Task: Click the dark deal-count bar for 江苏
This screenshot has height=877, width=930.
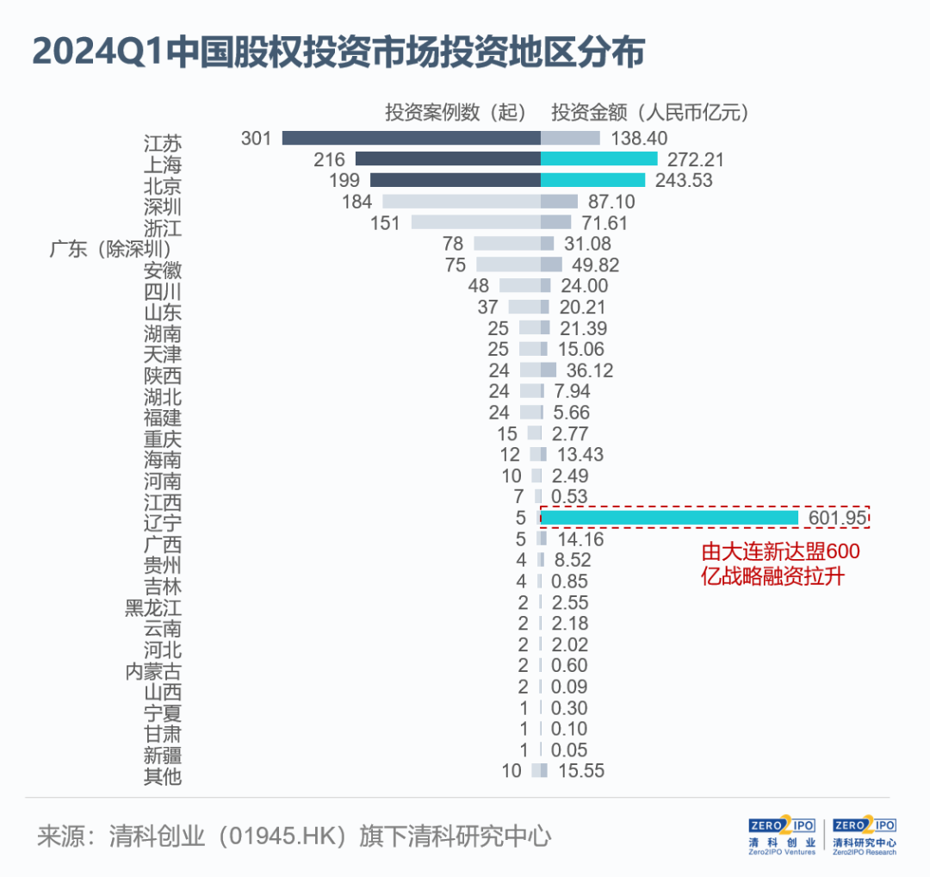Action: (x=411, y=138)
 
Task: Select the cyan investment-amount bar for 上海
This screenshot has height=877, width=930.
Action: (x=599, y=159)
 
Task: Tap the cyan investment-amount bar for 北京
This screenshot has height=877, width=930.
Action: (x=593, y=180)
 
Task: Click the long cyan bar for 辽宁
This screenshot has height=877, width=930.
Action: (x=670, y=518)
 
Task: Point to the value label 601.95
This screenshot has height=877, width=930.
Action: (x=838, y=518)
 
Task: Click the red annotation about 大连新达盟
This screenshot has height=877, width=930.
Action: (x=780, y=563)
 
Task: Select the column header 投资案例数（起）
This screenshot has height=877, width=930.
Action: (x=456, y=112)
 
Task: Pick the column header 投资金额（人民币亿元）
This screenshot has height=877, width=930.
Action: (x=650, y=112)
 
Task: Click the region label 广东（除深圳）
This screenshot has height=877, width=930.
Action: (x=110, y=249)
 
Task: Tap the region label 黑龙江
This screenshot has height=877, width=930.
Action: (x=153, y=608)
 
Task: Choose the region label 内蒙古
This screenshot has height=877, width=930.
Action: (x=153, y=672)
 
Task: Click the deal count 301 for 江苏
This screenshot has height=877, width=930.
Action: (x=257, y=138)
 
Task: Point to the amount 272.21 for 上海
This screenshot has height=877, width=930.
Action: (x=696, y=159)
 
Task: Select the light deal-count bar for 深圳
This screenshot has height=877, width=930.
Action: (x=462, y=201)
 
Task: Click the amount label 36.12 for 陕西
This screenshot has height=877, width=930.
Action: (x=590, y=370)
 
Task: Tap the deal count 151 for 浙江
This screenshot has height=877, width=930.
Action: (x=385, y=223)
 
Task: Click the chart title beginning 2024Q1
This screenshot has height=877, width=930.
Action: (x=338, y=53)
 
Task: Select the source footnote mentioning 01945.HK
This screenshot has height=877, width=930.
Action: (x=294, y=836)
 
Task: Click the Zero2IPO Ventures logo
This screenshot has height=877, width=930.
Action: (x=782, y=835)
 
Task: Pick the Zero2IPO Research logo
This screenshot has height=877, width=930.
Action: (x=865, y=835)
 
